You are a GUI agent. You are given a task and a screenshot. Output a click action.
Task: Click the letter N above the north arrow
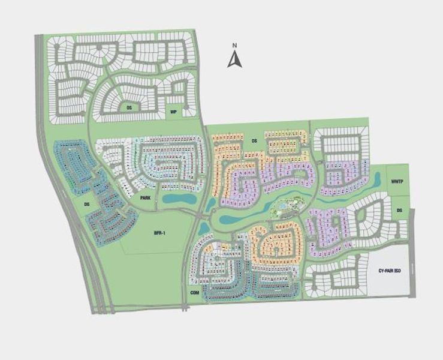coord(236,46)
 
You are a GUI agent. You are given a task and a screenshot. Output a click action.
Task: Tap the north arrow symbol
coord(235,59)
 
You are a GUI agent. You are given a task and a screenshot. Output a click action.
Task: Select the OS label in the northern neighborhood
coord(129,108)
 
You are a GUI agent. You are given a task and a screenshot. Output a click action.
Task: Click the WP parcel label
coord(173,112)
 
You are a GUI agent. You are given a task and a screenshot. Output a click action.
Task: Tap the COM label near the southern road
coord(194,292)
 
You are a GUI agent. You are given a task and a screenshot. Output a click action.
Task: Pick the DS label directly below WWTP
coord(400,209)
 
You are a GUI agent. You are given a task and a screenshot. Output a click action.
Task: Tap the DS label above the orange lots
coord(254,141)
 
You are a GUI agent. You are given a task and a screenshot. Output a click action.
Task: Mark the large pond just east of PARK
coord(179,198)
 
